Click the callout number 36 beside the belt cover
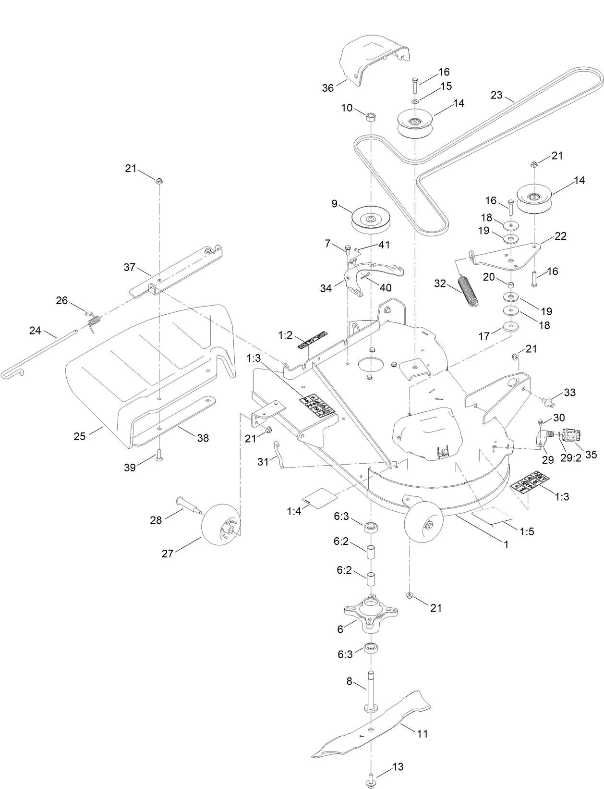(327, 88)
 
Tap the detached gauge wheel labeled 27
(221, 523)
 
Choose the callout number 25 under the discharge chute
(80, 436)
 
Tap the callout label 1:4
(293, 511)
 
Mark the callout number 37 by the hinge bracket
(130, 268)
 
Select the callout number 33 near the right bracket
(569, 393)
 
